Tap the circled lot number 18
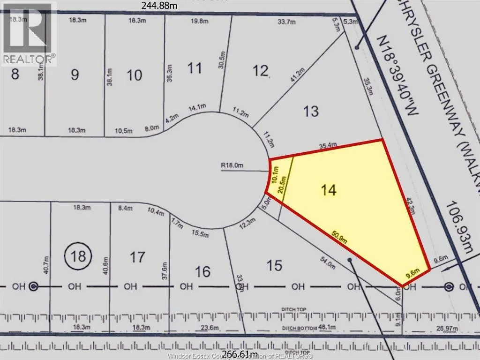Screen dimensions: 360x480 click(78, 255)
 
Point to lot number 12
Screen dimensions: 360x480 click(261, 71)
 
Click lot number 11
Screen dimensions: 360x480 click(195, 68)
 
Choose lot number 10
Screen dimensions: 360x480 click(135, 75)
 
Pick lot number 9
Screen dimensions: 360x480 click(75, 75)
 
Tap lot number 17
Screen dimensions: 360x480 click(137, 257)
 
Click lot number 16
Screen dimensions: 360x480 click(202, 271)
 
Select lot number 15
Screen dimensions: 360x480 click(274, 266)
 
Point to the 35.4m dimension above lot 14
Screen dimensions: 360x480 click(328, 146)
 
